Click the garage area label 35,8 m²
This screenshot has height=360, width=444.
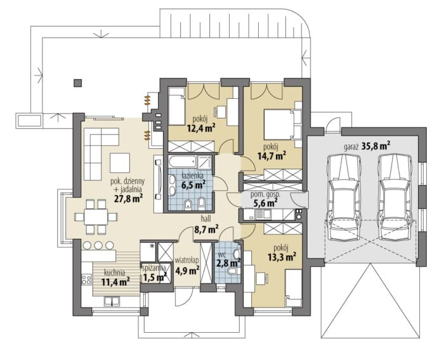click(375, 146)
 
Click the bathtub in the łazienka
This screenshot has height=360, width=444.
click(182, 162)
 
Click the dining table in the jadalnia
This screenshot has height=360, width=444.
click(96, 217)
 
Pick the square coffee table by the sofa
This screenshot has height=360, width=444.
click(120, 163)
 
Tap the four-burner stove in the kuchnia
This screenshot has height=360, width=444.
click(87, 280)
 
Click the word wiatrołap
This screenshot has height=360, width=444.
click(186, 260)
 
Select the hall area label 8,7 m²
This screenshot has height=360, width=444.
click(206, 229)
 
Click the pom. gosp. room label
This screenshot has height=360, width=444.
click(265, 195)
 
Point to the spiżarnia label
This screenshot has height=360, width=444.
click(154, 267)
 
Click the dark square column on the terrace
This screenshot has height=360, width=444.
click(78, 83)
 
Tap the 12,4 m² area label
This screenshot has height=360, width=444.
click(201, 129)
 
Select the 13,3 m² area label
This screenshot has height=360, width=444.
click(282, 257)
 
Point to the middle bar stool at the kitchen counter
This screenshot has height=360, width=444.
click(98, 245)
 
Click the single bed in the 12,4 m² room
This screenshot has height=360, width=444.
click(176, 106)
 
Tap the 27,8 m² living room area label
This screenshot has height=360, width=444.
click(128, 198)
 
